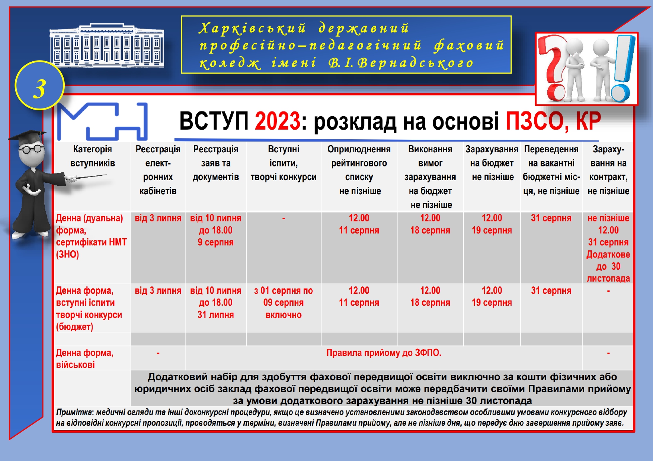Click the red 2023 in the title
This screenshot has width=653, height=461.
tap(277, 121)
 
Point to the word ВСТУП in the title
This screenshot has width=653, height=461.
tap(214, 121)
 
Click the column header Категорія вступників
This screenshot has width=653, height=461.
tap(93, 156)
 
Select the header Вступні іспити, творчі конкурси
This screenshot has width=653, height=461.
tap(284, 163)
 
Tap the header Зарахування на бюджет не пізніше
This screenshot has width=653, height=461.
tap(492, 163)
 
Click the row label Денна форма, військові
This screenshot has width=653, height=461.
tap(85, 358)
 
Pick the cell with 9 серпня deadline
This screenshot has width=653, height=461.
tap(216, 230)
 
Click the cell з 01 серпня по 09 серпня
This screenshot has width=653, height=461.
tap(284, 303)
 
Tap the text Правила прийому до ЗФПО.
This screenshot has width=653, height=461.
tap(384, 353)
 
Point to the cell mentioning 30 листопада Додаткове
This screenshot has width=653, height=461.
tap(608, 248)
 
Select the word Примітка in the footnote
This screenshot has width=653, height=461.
tap(75, 412)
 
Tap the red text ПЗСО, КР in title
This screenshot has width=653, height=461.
tap(553, 121)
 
